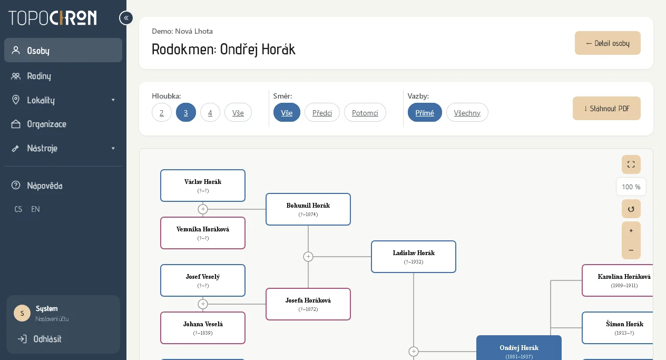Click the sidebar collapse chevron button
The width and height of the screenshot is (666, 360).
(126, 18)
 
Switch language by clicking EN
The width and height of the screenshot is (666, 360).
(35, 209)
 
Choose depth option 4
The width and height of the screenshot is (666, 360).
(210, 112)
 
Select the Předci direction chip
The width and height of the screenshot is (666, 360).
(322, 112)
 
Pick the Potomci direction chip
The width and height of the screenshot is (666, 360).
(365, 112)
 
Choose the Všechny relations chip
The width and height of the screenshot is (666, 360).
(467, 112)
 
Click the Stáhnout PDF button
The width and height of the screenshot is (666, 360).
(606, 108)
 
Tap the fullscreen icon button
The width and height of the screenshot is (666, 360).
(631, 164)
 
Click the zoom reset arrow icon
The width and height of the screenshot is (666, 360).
(631, 209)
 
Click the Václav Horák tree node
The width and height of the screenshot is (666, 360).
(203, 186)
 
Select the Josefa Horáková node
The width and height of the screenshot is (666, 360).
(308, 304)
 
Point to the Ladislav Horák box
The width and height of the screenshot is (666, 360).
(414, 257)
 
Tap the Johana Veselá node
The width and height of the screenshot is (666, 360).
(203, 328)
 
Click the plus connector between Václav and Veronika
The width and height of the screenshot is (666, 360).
(203, 209)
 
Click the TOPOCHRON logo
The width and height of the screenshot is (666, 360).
(53, 18)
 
